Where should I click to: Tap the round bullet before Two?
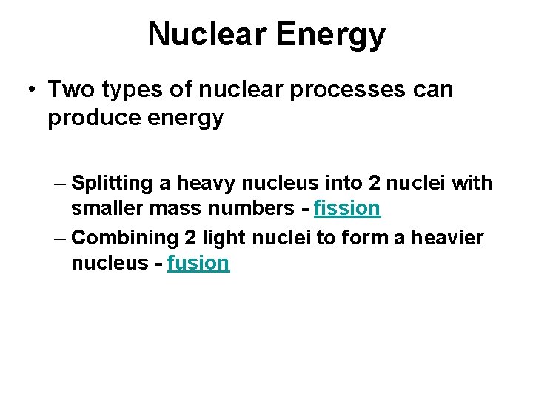(32, 90)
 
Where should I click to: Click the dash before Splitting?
(59, 182)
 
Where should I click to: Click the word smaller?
(107, 208)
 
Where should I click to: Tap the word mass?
(171, 208)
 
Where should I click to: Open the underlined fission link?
(347, 208)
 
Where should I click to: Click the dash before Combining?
(59, 238)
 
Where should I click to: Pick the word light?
(224, 239)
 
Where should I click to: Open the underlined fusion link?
(198, 263)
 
